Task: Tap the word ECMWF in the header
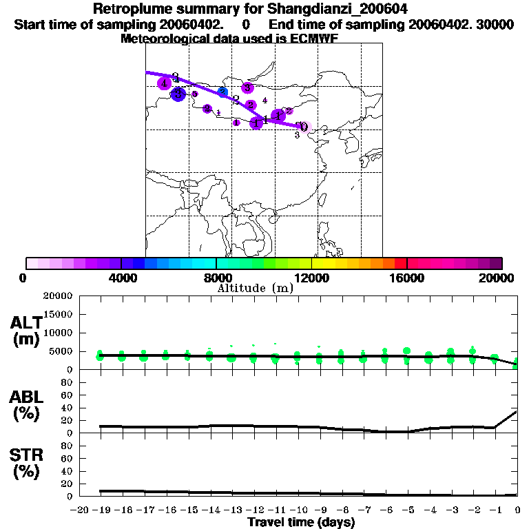click(318, 39)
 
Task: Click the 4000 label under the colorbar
click(121, 278)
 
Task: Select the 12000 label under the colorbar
click(311, 278)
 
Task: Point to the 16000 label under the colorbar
click(407, 278)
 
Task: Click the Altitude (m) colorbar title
click(256, 289)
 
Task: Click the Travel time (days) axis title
click(301, 523)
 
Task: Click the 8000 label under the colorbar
click(216, 278)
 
